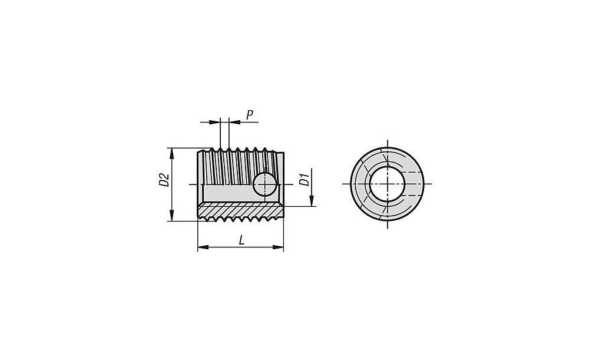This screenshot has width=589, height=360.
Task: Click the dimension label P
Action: [250, 115]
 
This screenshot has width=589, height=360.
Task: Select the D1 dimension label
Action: [305, 180]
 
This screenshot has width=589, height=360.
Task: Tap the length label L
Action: [241, 240]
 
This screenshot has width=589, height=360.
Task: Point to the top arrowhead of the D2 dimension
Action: [171, 153]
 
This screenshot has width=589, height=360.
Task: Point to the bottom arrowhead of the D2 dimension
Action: [171, 216]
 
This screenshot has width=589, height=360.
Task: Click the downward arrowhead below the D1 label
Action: [312, 201]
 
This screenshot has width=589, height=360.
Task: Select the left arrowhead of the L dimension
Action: [203, 247]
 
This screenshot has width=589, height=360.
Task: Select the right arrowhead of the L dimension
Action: [278, 247]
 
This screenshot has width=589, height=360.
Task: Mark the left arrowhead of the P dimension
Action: [214, 122]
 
